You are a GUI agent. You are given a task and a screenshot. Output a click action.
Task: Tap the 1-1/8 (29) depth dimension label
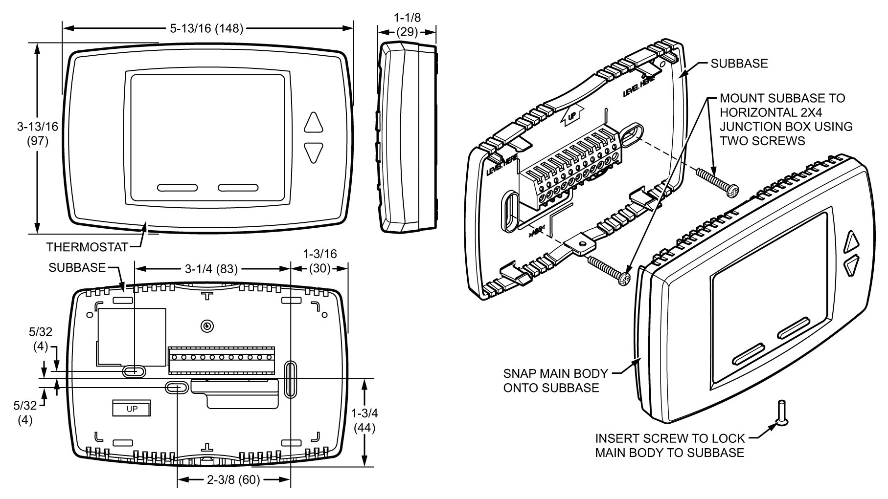pos(407,25)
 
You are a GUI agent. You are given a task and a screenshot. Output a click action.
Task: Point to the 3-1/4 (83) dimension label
pos(211,269)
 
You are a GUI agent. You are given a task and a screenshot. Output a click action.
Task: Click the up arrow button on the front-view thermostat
pos(314,123)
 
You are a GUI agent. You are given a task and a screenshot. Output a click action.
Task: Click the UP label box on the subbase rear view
pos(132,409)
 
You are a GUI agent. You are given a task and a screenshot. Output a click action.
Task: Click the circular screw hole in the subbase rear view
pos(207,326)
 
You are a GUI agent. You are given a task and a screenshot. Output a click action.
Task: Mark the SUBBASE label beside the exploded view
pos(739,64)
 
